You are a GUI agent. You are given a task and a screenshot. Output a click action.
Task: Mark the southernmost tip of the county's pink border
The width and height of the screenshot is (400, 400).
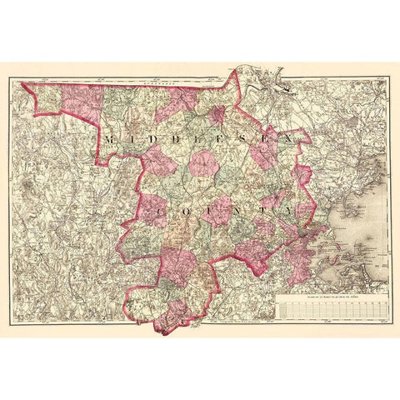[163, 333]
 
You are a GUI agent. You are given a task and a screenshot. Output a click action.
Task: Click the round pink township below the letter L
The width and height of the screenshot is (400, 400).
[202, 163]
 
